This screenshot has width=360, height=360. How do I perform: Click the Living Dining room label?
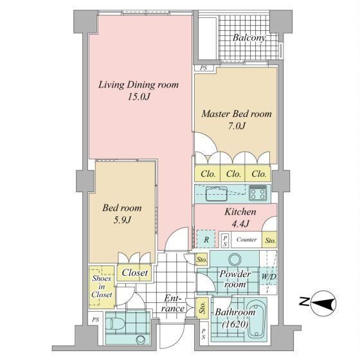[x=138, y=85]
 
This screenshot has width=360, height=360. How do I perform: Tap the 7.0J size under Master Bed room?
[x=237, y=126]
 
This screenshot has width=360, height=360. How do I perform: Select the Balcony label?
[x=249, y=38]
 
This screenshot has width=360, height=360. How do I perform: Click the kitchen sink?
[x=217, y=194]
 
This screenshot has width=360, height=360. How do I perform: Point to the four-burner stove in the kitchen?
[x=258, y=192]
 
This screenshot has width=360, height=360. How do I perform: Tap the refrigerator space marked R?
[x=206, y=239]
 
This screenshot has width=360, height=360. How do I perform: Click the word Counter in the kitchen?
[x=246, y=240]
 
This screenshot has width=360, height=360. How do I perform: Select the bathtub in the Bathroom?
[x=256, y=319]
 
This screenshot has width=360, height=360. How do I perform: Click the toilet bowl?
[x=118, y=324]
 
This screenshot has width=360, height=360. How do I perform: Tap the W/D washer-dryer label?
[x=269, y=276]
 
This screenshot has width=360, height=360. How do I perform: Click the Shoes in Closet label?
[x=102, y=287]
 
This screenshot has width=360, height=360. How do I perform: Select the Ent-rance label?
[x=173, y=303]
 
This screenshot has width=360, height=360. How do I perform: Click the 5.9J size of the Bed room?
[x=122, y=220]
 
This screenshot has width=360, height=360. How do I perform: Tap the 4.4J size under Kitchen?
[x=240, y=224]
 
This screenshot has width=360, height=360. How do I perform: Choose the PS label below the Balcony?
[x=203, y=68]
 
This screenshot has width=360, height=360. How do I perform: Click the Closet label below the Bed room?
[x=134, y=273]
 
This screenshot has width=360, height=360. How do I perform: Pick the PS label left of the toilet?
[x=96, y=319]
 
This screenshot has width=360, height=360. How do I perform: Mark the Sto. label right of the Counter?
[x=271, y=240]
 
